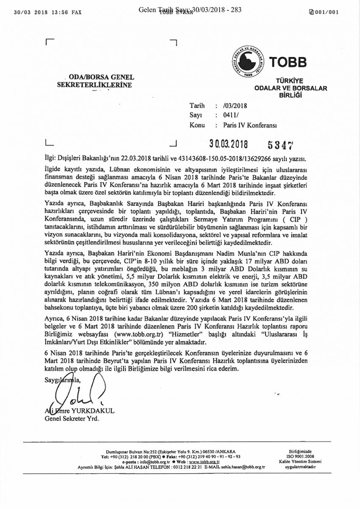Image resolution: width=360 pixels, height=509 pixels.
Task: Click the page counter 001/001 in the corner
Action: pos(327,12)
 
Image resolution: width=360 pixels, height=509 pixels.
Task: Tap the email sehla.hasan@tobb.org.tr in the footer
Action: pos(239,467)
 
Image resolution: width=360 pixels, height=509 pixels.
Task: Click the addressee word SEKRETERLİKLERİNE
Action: pos(94,84)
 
